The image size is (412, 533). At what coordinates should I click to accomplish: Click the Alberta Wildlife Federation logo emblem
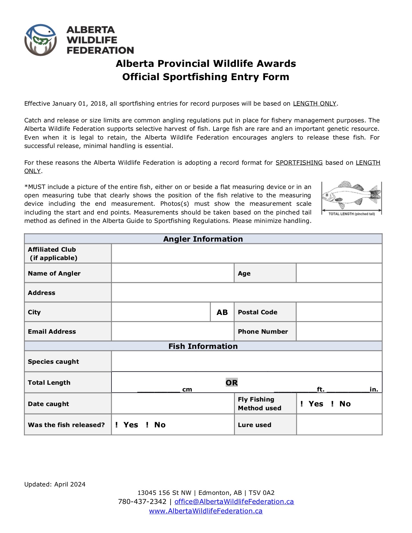tap(41, 40)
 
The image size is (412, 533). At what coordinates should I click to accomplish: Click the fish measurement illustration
tap(352, 198)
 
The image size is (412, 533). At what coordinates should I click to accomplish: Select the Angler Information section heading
tap(203, 239)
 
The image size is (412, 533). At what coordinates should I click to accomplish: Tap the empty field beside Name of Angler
tap(173, 273)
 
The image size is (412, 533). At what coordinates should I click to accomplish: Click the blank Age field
tap(339, 273)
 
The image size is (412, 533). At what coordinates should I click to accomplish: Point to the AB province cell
tap(222, 312)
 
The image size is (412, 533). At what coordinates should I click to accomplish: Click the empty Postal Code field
tap(339, 312)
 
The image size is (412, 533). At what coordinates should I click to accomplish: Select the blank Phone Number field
tap(339, 331)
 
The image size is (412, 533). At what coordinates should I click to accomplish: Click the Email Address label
tap(52, 331)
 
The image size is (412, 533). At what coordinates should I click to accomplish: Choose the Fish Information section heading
tap(203, 346)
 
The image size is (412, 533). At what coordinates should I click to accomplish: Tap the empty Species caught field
tap(247, 361)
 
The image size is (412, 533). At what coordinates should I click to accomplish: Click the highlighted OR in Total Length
tap(232, 383)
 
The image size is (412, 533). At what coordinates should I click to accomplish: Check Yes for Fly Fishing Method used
tap(302, 404)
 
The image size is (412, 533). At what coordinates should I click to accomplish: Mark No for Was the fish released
tap(147, 425)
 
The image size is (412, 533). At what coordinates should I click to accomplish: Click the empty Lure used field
tap(339, 425)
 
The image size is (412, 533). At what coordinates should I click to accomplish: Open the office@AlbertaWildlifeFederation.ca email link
tap(234, 502)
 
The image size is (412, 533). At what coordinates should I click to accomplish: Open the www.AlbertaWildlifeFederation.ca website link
tap(206, 511)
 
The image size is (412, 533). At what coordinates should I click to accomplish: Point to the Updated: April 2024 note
tap(55, 484)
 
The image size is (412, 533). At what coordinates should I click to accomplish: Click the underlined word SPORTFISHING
tap(299, 163)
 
